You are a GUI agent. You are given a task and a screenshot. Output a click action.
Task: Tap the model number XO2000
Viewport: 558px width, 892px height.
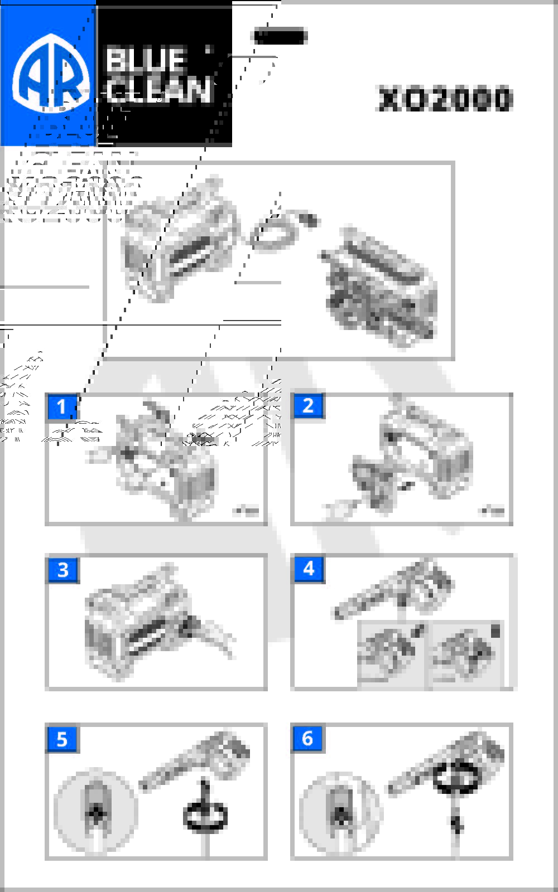(x=445, y=99)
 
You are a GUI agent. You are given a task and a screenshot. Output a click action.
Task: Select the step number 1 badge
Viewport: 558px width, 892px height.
(x=62, y=406)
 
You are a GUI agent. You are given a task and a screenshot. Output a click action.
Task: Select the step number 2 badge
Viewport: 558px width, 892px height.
(x=307, y=405)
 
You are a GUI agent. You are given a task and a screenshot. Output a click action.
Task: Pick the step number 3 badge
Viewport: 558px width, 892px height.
(x=62, y=569)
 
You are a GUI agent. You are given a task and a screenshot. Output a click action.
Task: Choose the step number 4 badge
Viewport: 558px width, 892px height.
(x=309, y=568)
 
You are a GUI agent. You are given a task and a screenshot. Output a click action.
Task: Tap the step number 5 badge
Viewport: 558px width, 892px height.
(x=62, y=739)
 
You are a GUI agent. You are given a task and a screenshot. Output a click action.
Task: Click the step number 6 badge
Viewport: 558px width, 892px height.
(x=307, y=738)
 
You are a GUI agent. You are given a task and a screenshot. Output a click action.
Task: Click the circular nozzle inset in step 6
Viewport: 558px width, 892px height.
(x=340, y=811)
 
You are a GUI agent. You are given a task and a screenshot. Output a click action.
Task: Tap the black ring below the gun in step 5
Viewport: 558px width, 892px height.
(x=205, y=817)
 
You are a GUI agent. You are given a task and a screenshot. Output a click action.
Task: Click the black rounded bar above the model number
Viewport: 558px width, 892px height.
(x=280, y=36)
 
